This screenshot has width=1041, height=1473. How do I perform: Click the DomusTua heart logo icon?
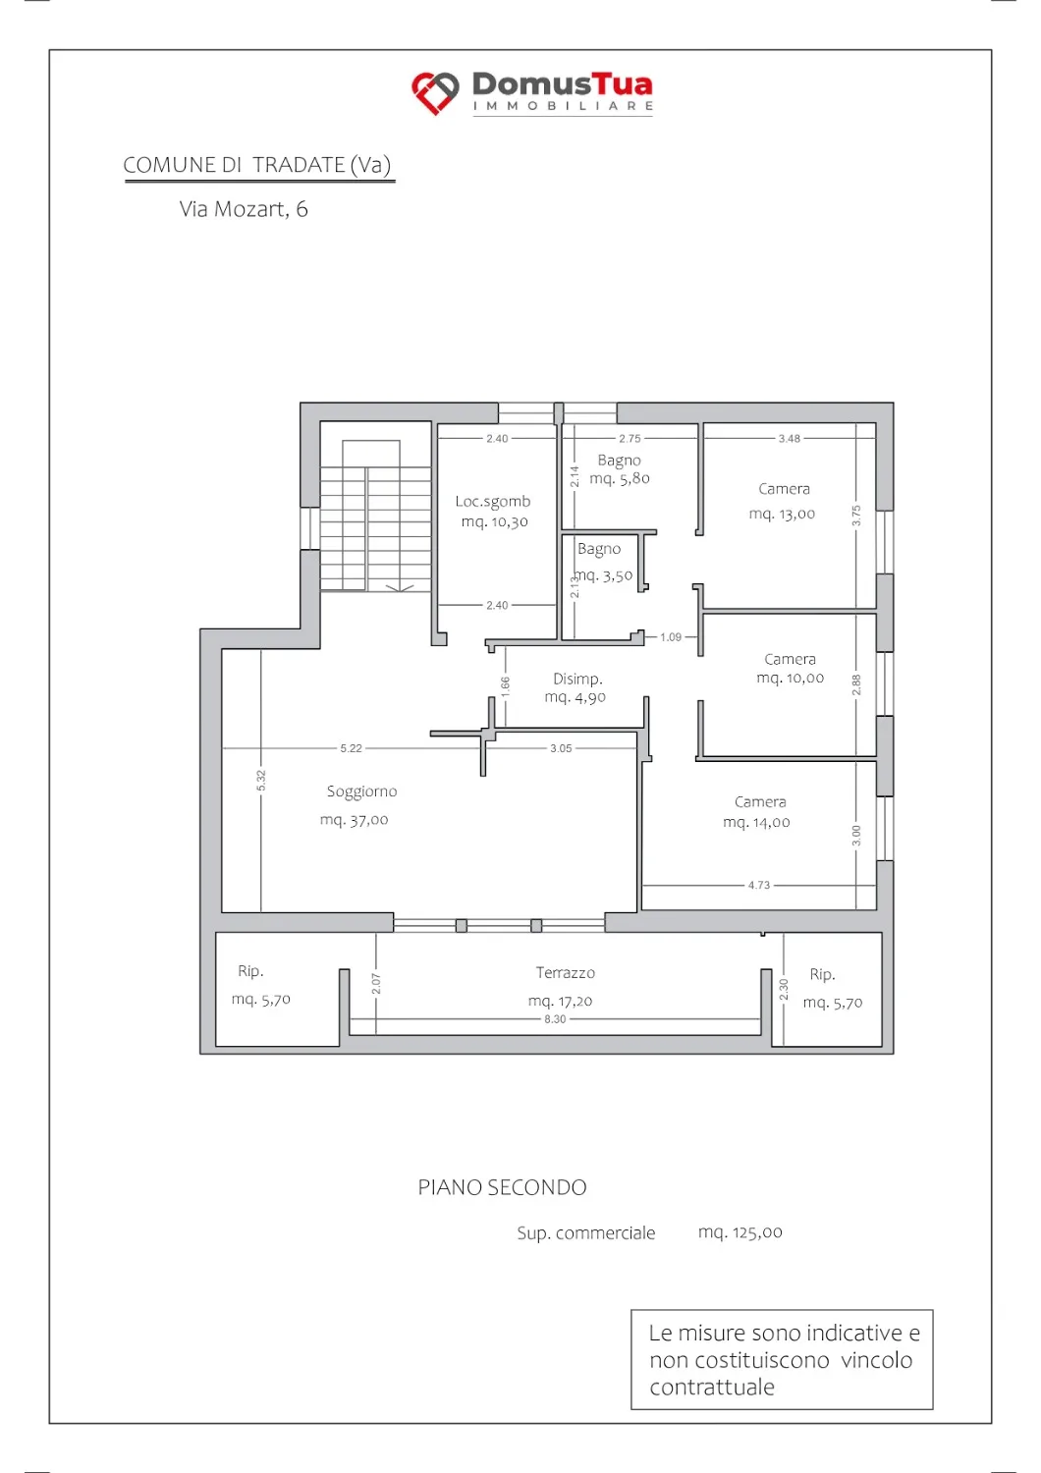[x=435, y=92]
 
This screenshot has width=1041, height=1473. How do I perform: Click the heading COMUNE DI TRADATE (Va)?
[x=257, y=164]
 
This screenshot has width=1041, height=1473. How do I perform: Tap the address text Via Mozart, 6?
[x=244, y=209]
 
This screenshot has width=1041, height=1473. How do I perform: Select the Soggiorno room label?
[x=361, y=791]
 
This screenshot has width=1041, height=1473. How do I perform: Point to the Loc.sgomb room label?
[x=493, y=501]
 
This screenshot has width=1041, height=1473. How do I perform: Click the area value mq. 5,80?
[x=620, y=479]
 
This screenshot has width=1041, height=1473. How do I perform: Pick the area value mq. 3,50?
[x=604, y=576]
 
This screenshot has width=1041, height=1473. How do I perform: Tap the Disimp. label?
[x=577, y=679]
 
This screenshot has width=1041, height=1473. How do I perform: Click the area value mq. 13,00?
[x=782, y=514]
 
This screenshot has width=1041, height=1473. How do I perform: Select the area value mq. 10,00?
[x=790, y=678]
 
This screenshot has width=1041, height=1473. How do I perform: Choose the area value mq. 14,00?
[x=756, y=822]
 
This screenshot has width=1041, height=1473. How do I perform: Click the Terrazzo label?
[x=565, y=972]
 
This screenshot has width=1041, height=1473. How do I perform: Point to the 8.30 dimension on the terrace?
[x=555, y=1018]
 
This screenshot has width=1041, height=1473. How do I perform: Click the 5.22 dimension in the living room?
[x=351, y=747]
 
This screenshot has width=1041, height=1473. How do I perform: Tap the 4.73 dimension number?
[x=759, y=885]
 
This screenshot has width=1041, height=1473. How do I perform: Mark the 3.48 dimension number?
[x=790, y=439]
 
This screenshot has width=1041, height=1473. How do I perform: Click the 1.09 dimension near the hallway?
[x=671, y=636]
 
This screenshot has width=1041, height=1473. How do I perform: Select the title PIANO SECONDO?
[x=503, y=1187]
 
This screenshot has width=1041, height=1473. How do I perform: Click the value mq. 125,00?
[x=740, y=1231]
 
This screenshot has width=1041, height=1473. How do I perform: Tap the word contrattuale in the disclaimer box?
[x=712, y=1387]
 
